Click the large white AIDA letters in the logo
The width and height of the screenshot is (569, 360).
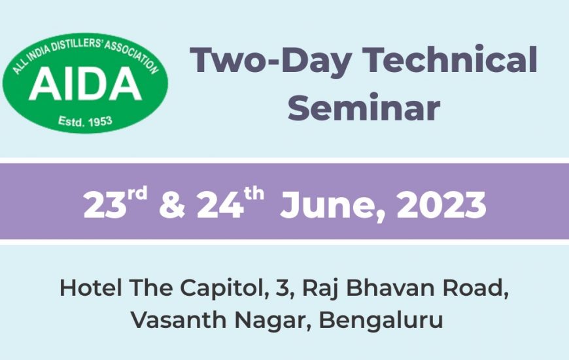pos(85,84)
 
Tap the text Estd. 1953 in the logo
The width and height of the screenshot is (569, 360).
pos(85,121)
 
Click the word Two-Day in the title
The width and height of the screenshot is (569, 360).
pos(271,60)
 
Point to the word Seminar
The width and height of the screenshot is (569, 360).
pos(364,107)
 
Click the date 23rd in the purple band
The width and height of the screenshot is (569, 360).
pos(115,203)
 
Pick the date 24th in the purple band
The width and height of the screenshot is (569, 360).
pos(230,203)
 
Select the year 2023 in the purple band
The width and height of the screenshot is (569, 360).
pos(441,205)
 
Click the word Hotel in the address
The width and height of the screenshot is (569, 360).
pos(91,288)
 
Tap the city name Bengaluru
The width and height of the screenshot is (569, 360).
pos(381,321)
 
